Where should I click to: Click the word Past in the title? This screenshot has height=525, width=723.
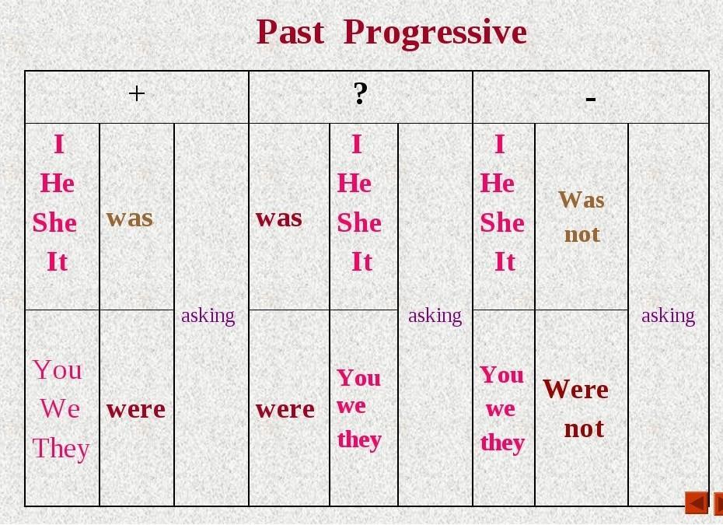coord(291,32)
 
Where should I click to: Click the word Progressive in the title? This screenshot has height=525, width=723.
coord(435,33)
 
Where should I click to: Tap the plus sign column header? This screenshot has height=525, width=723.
coord(137,93)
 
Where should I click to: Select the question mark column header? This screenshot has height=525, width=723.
coord(361,93)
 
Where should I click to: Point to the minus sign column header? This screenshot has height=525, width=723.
coord(591,98)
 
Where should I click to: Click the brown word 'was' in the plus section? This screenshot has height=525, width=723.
coord(130,219)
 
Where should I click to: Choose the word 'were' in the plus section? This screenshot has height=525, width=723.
coord(136,410)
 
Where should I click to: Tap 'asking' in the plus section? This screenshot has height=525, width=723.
coord(208,317)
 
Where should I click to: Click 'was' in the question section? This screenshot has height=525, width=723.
coord(279,219)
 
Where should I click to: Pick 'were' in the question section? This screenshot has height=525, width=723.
coord(285,410)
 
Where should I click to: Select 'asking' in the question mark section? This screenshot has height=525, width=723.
coord(435,317)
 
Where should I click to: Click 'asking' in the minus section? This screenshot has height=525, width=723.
coord(668,317)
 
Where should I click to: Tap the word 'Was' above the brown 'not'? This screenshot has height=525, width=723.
coord(582,200)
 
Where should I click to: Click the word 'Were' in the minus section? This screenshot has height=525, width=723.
coord(576,389)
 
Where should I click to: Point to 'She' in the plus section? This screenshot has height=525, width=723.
coord(54,222)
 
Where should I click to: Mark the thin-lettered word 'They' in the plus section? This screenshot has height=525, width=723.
coord(61,449)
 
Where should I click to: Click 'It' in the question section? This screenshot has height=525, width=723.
coord(361,261)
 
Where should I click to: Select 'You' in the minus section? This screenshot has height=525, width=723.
coord(501,375)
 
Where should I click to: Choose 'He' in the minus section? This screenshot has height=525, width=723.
coord(497,183)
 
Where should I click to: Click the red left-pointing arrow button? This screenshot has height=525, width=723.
coord(697,503)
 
